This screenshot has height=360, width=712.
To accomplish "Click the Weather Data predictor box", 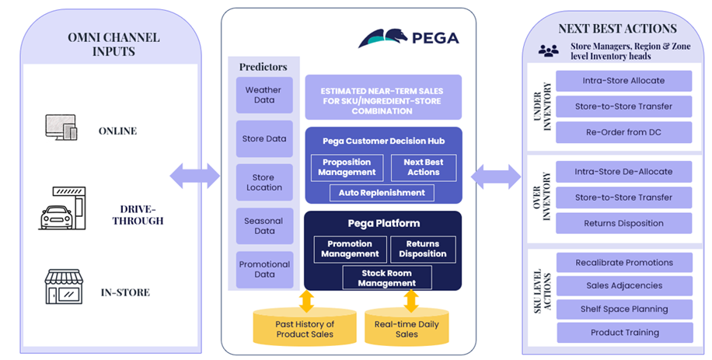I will coord(264,95).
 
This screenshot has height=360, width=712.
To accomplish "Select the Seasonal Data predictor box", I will coord(264,226).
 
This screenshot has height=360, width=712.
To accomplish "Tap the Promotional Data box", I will coord(264,269).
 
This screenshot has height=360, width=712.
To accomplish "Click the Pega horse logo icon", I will coord(385,37).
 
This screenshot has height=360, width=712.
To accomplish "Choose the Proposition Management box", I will coord(347,167).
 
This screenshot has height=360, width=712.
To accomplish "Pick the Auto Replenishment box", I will coord(382,192).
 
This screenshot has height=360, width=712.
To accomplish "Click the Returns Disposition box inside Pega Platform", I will coord(422,249).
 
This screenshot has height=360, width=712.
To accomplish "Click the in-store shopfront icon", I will coord(62,287).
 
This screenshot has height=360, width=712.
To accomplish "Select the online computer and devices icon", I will coord(61,128).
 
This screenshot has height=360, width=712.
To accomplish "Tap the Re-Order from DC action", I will coord(624,132).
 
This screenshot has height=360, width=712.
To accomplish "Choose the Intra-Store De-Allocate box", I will coord(624,172).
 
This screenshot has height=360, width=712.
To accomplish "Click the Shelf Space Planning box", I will coord(624,309).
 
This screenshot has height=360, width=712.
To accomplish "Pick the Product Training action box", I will coord(624,333).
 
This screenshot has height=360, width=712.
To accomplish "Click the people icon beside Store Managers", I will coord(548,51).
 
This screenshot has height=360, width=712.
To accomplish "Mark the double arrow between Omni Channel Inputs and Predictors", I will coord(194,176).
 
